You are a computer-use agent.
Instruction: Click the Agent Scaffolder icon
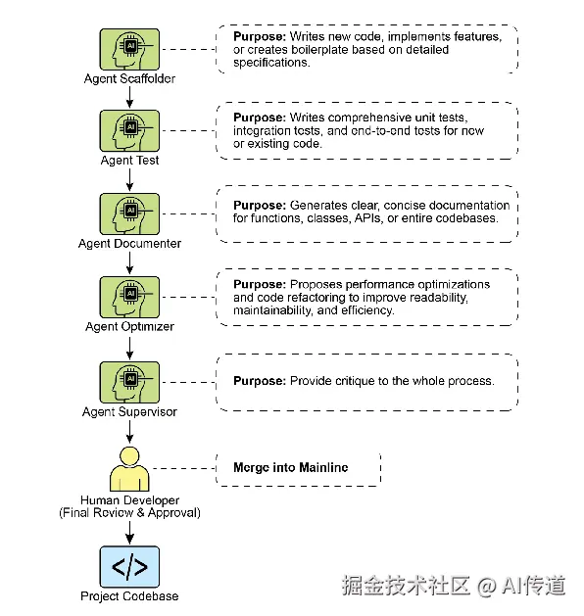coord(129,50)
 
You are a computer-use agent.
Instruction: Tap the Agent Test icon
coord(129,131)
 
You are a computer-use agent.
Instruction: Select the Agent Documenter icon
coord(129,214)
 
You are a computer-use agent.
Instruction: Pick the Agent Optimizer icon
coord(129,297)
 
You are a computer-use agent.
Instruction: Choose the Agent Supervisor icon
coord(129,382)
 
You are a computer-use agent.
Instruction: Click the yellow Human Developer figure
coord(129,469)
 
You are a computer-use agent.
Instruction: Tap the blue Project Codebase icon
coord(129,566)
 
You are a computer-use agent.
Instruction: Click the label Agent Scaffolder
coord(129,78)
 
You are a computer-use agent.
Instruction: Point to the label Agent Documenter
coord(129,244)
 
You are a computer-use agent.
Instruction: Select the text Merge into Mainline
coord(291,467)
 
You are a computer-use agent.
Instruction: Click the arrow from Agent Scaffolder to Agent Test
coord(129,97)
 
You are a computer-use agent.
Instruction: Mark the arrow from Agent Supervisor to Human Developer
coord(129,432)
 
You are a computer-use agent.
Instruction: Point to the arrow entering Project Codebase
coord(129,533)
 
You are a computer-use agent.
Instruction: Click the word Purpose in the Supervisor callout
coord(260,381)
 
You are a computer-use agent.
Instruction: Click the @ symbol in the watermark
coord(487,587)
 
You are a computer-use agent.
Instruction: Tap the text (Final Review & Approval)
coord(129,512)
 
